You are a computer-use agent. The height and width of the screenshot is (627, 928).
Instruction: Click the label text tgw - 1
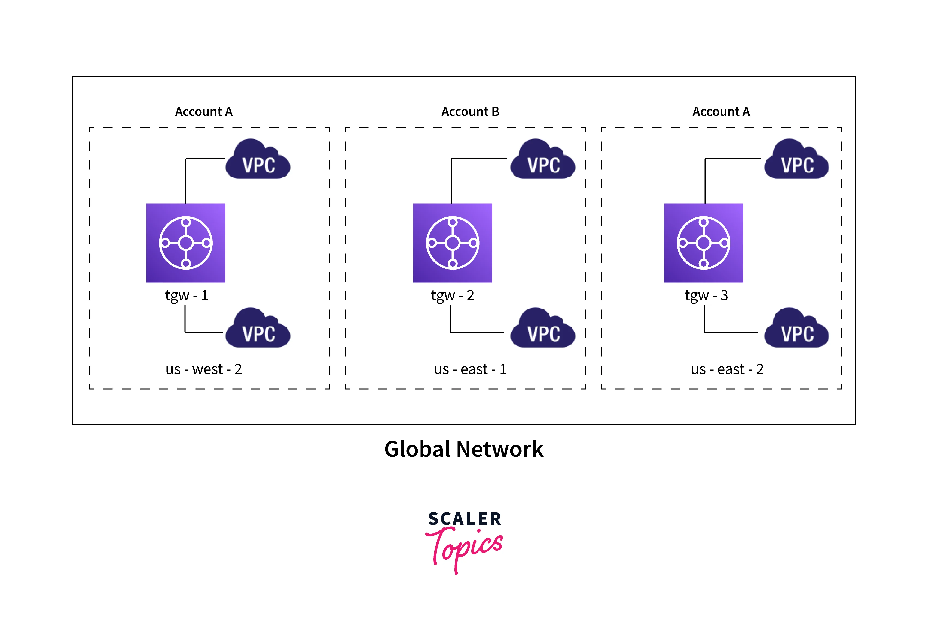click(186, 296)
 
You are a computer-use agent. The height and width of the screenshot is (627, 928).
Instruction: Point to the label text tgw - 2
click(453, 296)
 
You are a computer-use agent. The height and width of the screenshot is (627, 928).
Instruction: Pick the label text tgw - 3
click(706, 296)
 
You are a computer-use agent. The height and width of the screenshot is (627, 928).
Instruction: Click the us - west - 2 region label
click(204, 369)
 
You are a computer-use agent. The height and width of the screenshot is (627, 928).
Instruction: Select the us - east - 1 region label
click(470, 369)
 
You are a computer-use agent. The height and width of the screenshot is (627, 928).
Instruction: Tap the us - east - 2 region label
click(727, 369)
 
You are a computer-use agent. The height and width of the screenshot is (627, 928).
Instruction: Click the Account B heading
click(470, 112)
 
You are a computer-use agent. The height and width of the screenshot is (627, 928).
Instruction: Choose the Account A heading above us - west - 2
click(204, 112)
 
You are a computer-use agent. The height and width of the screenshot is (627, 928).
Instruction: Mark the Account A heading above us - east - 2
click(721, 112)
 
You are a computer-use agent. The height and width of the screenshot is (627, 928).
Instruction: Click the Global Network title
click(464, 449)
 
